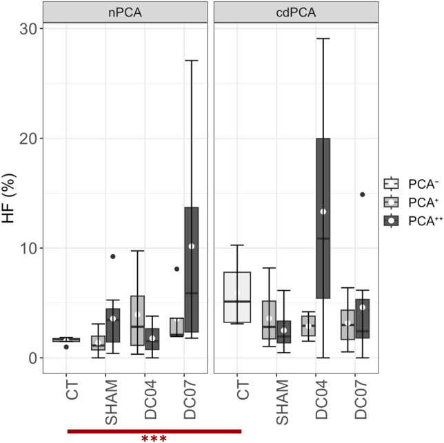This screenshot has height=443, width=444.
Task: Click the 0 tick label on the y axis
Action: pyautogui.click(x=32, y=358)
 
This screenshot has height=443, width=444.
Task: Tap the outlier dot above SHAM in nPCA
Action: pyautogui.click(x=112, y=256)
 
